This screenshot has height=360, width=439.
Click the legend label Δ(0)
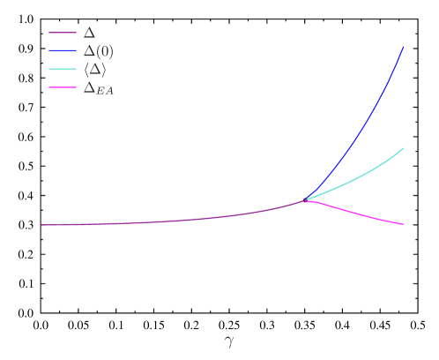pyautogui.click(x=98, y=51)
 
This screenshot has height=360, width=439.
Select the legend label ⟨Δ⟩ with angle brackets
pyautogui.click(x=95, y=70)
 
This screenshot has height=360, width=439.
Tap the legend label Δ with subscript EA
pyautogui.click(x=98, y=88)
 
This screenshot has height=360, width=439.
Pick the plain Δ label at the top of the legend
pyautogui.click(x=89, y=33)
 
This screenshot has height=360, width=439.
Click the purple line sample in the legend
pyautogui.click(x=63, y=33)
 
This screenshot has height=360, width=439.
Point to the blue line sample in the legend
pyautogui.click(x=63, y=51)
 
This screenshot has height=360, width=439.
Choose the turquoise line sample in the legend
pyautogui.click(x=63, y=70)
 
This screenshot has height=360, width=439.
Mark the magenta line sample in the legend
pyautogui.click(x=63, y=87)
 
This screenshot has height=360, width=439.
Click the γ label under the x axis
pyautogui.click(x=229, y=341)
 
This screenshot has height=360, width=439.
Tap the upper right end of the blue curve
pyautogui.click(x=404, y=48)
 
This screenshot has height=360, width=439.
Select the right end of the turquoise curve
pyautogui.click(x=404, y=148)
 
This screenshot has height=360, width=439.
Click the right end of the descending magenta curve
pyautogui.click(x=404, y=224)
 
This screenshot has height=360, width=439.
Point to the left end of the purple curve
pyautogui.click(x=41, y=224)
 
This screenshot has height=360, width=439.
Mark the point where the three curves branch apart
pyautogui.click(x=305, y=200)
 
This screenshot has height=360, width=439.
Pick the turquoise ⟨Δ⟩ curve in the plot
pyautogui.click(x=361, y=176)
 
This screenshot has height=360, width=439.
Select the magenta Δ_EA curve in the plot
pyautogui.click(x=361, y=214)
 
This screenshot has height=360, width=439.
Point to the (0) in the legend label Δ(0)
pyautogui.click(x=105, y=51)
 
